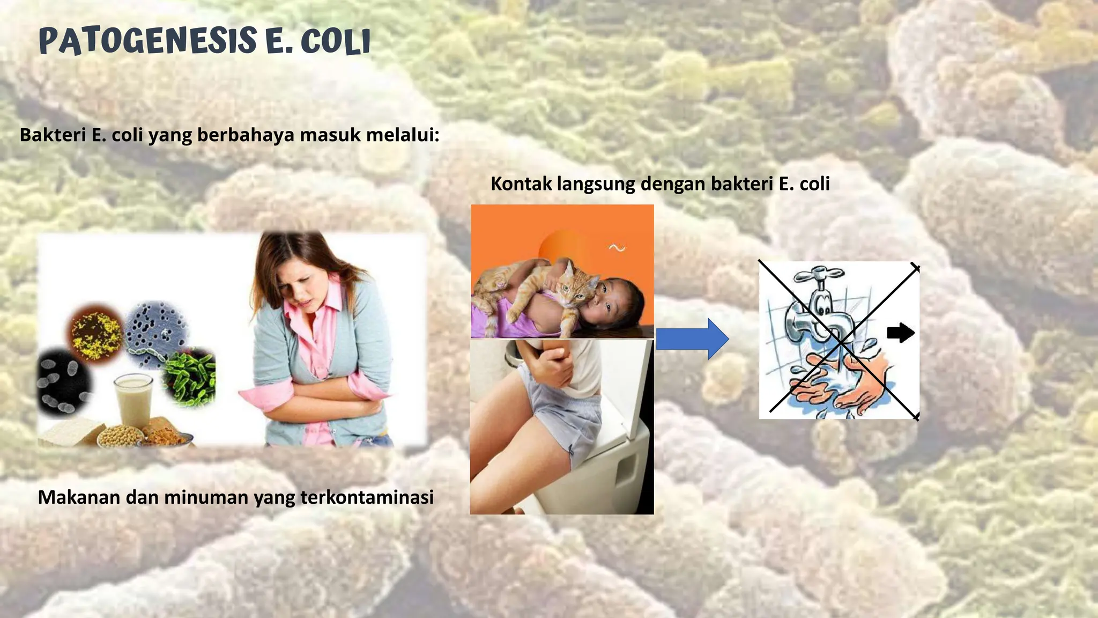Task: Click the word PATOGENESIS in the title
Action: tap(147, 42)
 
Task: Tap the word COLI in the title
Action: tap(336, 42)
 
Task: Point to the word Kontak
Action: tap(521, 184)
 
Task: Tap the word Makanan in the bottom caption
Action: tap(79, 497)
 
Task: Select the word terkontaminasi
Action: tap(367, 497)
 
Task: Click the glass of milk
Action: tap(134, 400)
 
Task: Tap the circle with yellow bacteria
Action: tap(96, 334)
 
